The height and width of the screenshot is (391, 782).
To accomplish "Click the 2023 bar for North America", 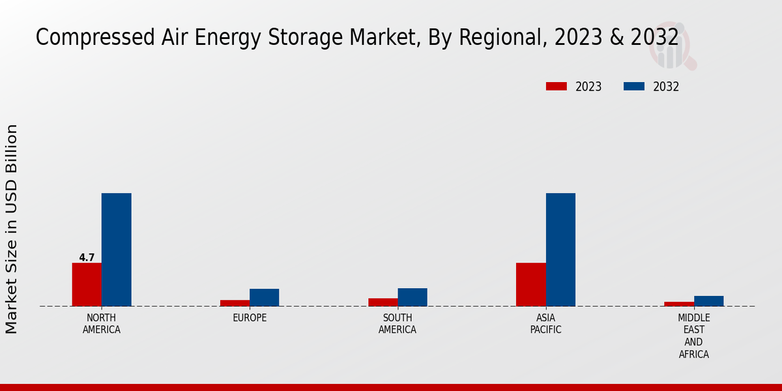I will [x=87, y=284].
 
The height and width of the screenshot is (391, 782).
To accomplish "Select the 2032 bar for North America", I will [x=116, y=250].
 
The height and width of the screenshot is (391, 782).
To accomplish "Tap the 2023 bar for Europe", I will [x=235, y=303].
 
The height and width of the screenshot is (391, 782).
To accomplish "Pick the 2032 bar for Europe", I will [x=264, y=297].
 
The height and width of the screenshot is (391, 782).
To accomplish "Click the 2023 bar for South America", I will [x=383, y=302].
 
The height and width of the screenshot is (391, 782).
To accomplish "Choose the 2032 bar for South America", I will [x=413, y=297].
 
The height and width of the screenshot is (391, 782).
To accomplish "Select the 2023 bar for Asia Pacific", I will [x=530, y=284].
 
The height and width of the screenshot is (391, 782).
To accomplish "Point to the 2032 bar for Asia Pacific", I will [x=560, y=250].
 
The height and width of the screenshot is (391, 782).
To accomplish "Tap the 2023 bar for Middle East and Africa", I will [x=679, y=304].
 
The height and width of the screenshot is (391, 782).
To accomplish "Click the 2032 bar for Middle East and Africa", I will [x=708, y=301].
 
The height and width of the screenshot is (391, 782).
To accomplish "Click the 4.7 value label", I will [x=87, y=257].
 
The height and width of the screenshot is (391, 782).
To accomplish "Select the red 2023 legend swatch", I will [x=557, y=87].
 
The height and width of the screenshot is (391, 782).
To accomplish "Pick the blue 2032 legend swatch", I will [x=634, y=87].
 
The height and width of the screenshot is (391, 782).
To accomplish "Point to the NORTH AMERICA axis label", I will [x=101, y=323].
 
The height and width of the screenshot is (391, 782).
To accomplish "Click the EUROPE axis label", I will [x=250, y=318].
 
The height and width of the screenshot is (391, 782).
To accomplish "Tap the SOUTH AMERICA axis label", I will [x=398, y=323].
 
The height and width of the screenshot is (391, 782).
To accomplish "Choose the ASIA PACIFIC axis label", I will [x=545, y=323].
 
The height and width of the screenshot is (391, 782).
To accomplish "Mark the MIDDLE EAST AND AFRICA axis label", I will [x=693, y=336].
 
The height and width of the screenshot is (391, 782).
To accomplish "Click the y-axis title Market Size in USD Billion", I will [x=12, y=229].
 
